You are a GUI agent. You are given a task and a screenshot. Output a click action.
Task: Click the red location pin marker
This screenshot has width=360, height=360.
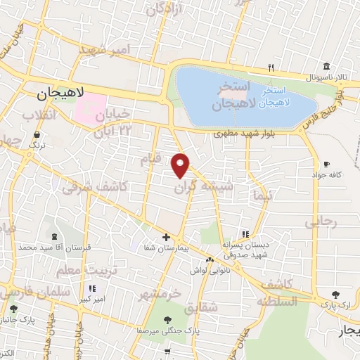point(181,165)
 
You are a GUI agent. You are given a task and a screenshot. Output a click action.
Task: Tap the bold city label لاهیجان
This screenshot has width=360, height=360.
point(60,93)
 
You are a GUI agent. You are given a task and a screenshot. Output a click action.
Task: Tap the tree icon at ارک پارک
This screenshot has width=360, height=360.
point(337,294)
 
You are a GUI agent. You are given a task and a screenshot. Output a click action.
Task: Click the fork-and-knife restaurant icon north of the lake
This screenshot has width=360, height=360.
point(270,67)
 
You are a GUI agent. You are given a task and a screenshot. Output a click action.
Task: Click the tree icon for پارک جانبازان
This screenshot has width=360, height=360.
point(13,309)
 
